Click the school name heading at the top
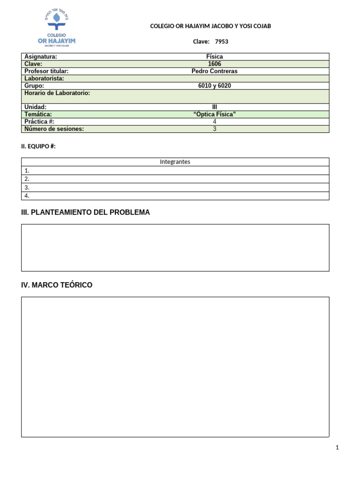click(x=210, y=26)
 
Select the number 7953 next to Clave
click(x=222, y=42)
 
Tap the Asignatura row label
click(x=41, y=57)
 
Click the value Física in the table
click(x=215, y=57)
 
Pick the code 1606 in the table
click(x=215, y=64)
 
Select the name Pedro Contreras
click(x=215, y=71)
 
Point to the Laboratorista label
click(x=44, y=78)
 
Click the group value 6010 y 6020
click(x=215, y=86)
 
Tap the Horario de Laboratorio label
click(x=57, y=93)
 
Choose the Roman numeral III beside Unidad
click(x=215, y=107)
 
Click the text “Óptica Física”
click(x=215, y=114)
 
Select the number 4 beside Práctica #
click(x=215, y=121)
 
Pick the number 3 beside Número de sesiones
click(x=215, y=129)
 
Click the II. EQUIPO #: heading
click(x=39, y=146)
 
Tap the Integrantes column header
click(x=175, y=162)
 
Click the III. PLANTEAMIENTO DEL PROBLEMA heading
click(x=86, y=212)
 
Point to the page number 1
click(x=337, y=448)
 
